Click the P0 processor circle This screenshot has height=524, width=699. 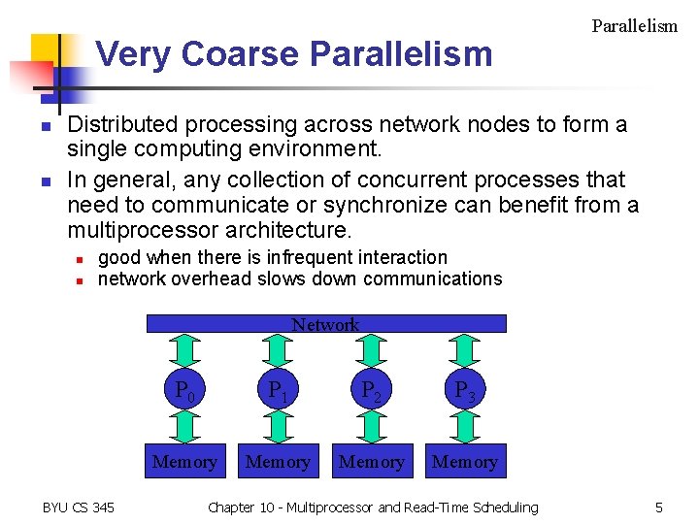coord(184,391)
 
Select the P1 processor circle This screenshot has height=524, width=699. coord(278,391)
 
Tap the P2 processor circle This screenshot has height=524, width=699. coord(371,391)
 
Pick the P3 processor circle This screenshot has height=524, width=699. coord(464,391)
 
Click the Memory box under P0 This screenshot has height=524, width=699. coord(184,462)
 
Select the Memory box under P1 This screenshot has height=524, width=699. coord(278,462)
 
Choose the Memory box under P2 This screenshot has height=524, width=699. coord(371,462)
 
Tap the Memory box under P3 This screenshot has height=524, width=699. coord(464,462)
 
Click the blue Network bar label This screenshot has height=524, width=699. coord(325,324)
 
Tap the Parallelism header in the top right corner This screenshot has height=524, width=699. coord(634,26)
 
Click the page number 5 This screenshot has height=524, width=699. coord(658,508)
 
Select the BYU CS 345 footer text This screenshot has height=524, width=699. coord(78,508)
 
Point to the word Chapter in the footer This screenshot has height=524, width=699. coord(231,508)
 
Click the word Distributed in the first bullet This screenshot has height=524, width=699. coord(122,125)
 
